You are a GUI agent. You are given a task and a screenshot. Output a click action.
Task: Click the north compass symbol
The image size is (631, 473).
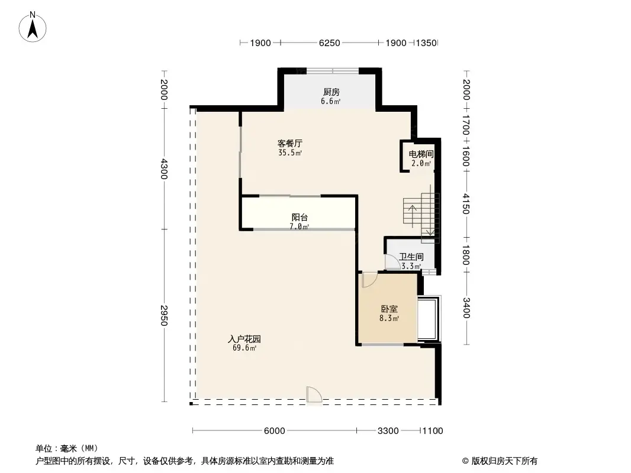[x=34, y=27]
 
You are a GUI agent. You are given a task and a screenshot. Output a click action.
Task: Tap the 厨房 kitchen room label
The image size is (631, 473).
[x=331, y=92]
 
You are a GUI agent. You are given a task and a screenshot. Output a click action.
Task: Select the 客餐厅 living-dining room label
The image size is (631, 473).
[x=290, y=144]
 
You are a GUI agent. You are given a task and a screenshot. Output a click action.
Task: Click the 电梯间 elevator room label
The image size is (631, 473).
[x=421, y=155]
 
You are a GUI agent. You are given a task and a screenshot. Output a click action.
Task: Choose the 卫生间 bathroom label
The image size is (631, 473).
[x=411, y=257]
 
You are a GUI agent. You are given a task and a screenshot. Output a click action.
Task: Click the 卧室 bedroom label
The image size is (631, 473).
[x=389, y=309]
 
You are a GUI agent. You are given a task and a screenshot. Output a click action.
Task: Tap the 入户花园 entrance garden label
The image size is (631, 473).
[x=244, y=339]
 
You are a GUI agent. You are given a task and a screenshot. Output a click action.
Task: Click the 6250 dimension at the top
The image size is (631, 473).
[x=329, y=43]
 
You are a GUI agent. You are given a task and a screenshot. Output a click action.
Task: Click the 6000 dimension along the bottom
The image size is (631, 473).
[x=275, y=431]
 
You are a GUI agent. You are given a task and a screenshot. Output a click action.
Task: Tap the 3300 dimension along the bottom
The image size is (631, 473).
[x=388, y=431]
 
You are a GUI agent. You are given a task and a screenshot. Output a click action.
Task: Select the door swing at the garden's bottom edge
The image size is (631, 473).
[x=314, y=395]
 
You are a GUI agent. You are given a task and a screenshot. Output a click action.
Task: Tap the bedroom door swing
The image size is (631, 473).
[x=368, y=279]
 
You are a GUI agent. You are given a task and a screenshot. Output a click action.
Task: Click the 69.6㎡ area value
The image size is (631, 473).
[x=244, y=348]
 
